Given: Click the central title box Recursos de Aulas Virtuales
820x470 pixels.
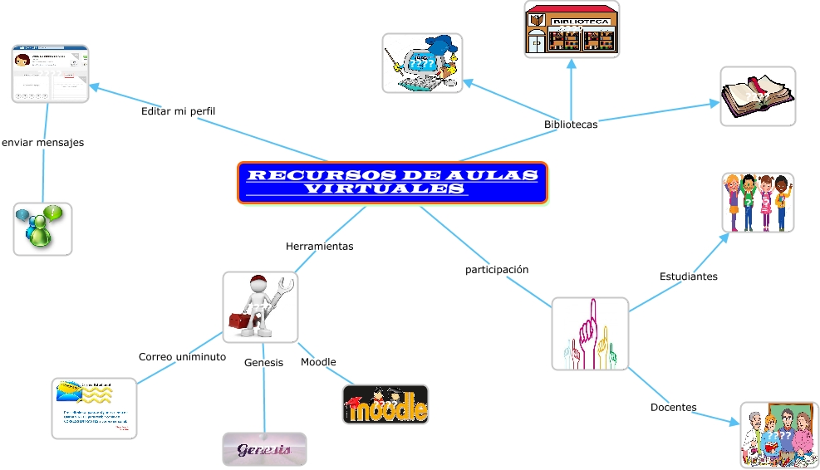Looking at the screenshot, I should (392, 183).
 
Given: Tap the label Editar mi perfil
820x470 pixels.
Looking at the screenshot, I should (178, 111).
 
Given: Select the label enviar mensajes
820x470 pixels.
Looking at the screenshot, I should (42, 142).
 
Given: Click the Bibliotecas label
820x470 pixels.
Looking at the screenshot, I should (571, 125).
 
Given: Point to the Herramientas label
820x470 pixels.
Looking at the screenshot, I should (319, 247).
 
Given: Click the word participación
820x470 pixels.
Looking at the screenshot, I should (497, 270).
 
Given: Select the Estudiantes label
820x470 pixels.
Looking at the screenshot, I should (688, 276).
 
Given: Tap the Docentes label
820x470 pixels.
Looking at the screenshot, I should (673, 407).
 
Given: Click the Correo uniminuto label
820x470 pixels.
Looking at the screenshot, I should (182, 356).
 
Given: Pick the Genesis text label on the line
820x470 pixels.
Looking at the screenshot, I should (263, 362).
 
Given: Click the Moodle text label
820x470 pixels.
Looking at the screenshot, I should (318, 362).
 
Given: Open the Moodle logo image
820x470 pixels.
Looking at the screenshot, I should (385, 404).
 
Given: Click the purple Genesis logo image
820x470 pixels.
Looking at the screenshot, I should (264, 449).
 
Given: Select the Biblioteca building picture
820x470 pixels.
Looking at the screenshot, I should (572, 29).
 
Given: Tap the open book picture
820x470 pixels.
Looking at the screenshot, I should (757, 96).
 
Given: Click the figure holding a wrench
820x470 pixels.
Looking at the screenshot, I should (260, 306).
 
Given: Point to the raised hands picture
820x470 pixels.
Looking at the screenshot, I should (590, 334).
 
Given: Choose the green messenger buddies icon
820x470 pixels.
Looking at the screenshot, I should (42, 228).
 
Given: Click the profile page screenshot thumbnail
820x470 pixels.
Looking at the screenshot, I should (50, 74).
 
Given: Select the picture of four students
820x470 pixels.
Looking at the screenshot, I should (758, 203).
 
